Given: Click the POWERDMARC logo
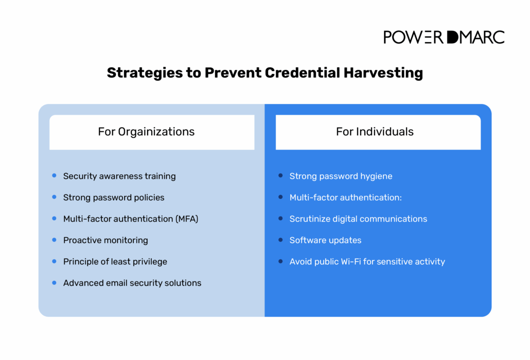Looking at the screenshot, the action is point(444,37).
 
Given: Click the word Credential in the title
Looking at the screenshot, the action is point(302,73).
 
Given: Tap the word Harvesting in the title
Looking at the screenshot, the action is point(383,73).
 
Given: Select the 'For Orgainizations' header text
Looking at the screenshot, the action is point(146,132).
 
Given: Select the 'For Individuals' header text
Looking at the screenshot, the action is point(375,131).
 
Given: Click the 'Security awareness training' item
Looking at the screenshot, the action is point(119,176).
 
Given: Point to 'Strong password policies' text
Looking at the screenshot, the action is point(114,197).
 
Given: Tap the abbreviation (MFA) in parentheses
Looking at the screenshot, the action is point(187,219).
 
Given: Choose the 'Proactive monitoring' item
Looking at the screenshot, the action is point(105,241).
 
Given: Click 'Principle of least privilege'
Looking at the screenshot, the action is point(115,262).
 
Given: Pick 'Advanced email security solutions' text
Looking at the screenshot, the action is point(132,283).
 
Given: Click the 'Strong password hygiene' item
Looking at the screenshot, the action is point(341,176).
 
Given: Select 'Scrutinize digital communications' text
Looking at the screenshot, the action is point(358,219).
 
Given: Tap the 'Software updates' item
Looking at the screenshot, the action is point(325,240).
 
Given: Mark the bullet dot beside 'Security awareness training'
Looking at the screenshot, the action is point(54,175).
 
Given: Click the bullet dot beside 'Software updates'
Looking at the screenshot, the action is point(280,240).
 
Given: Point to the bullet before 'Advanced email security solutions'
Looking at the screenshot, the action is point(54,283).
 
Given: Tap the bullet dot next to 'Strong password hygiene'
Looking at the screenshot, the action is point(280,175).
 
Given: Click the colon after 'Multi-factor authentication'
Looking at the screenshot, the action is point(400,198).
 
